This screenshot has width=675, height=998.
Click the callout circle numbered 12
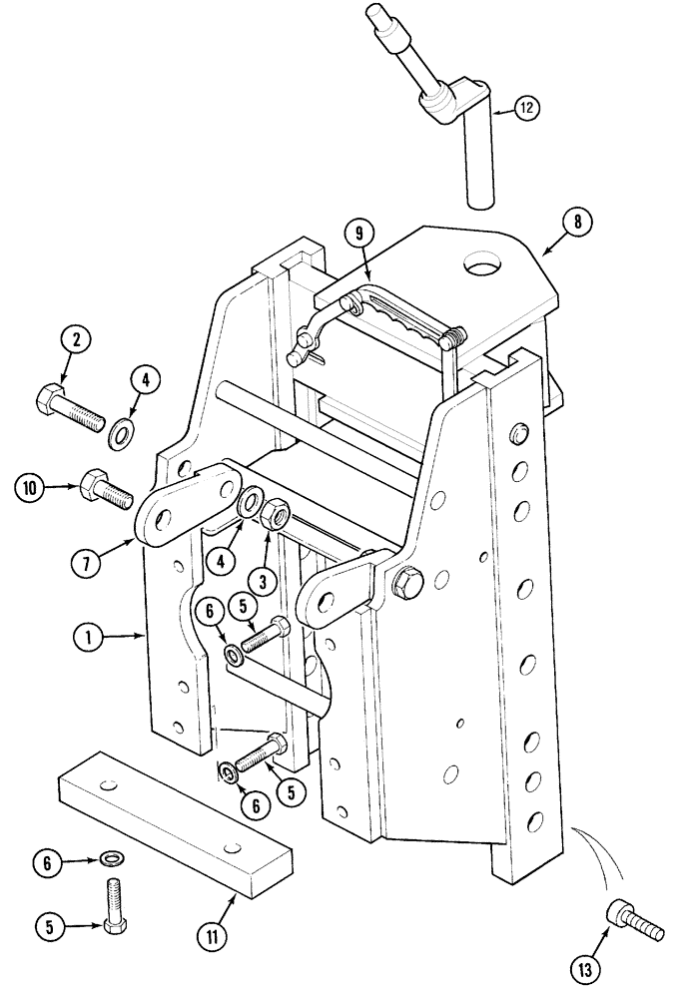click(x=529, y=106)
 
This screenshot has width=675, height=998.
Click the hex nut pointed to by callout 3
click(x=276, y=517)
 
